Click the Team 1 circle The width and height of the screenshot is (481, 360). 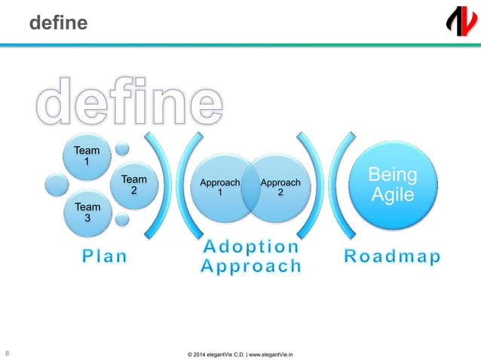(x=86, y=156)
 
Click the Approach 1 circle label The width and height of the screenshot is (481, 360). (x=220, y=188)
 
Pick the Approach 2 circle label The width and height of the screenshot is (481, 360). (x=280, y=188)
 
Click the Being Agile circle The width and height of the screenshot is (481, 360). (x=391, y=185)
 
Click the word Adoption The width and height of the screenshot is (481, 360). (x=251, y=247)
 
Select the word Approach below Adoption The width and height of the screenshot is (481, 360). (x=251, y=266)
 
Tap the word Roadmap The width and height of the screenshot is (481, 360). (x=392, y=257)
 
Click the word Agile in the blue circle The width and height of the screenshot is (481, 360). (x=391, y=194)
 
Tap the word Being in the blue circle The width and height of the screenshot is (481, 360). (x=391, y=175)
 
